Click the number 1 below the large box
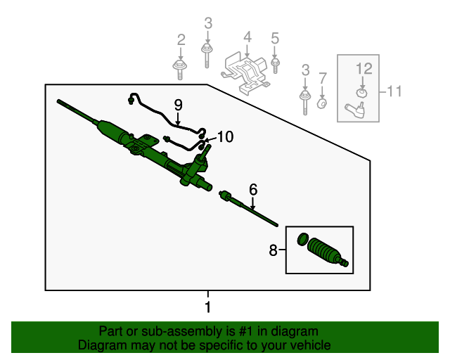(207, 307)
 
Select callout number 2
(181, 39)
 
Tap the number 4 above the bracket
(247, 37)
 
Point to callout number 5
(275, 38)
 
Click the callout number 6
(253, 188)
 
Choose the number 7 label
(323, 77)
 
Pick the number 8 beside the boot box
(274, 249)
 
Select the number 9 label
(178, 105)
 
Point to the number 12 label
(363, 68)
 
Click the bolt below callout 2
(180, 69)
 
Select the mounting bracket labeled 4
(246, 71)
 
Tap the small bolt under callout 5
(275, 65)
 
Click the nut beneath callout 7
(322, 103)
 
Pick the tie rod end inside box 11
(356, 108)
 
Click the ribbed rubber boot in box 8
(326, 252)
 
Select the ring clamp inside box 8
(302, 240)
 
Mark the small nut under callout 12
(362, 92)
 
